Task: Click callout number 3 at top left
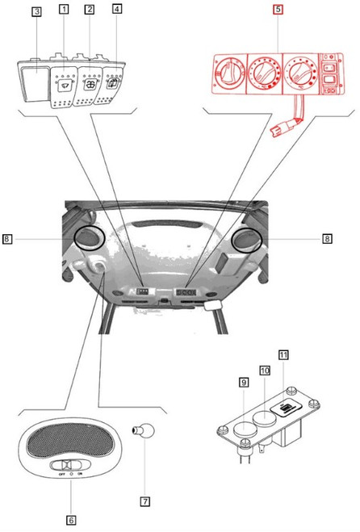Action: [x=36, y=11]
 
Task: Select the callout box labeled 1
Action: [x=64, y=9]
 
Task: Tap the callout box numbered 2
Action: [x=90, y=9]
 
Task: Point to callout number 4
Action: [x=118, y=9]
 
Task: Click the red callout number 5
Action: [x=278, y=10]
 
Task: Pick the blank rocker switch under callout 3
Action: [x=35, y=82]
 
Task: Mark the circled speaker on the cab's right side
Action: [x=245, y=240]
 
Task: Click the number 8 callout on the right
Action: [x=327, y=239]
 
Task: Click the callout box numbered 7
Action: [x=145, y=501]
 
